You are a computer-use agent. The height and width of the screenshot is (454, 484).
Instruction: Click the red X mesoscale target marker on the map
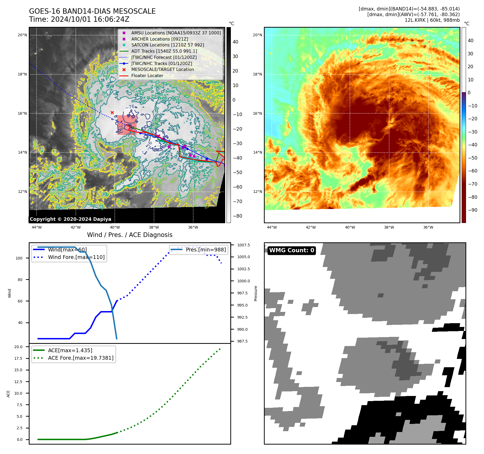pyautogui.click(x=112, y=113)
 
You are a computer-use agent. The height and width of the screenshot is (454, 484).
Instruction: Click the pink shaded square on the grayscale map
pyautogui.click(x=127, y=125)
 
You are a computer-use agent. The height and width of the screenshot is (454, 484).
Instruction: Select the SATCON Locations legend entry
pyautogui.click(x=167, y=45)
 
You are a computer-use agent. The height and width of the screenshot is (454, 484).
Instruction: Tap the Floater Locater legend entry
pyautogui.click(x=147, y=76)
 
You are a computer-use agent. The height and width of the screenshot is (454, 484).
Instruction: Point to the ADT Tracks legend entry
pyautogui.click(x=164, y=51)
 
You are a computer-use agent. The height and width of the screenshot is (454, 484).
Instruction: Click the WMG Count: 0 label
pyautogui.click(x=292, y=250)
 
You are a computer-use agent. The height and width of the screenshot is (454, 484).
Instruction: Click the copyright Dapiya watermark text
pyautogui.click(x=70, y=219)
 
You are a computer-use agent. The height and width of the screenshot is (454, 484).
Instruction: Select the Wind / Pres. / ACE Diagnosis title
pyautogui.click(x=130, y=235)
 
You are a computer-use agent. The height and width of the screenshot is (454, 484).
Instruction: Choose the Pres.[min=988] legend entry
pyautogui.click(x=206, y=250)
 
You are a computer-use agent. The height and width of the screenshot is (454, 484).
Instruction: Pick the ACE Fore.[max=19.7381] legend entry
pyautogui.click(x=81, y=358)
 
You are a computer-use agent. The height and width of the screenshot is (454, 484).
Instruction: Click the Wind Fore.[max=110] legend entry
pyautogui.click(x=76, y=257)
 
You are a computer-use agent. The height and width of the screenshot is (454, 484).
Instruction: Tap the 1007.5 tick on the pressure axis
pyautogui.click(x=243, y=245)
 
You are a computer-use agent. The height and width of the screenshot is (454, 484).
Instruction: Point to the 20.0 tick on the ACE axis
pyautogui.click(x=18, y=347)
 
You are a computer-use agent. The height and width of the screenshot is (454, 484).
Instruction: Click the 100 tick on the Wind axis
pyautogui.click(x=19, y=258)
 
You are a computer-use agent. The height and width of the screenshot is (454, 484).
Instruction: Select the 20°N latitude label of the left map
pyautogui.click(x=23, y=35)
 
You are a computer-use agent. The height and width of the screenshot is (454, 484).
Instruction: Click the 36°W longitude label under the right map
pyautogui.click(x=428, y=228)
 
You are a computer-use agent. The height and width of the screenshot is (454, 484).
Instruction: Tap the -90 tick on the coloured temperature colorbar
pyautogui.click(x=472, y=210)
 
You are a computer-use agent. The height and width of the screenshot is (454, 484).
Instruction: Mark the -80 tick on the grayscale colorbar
pyautogui.click(x=237, y=216)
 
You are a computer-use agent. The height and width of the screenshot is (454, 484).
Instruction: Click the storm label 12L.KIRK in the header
pyautogui.click(x=415, y=20)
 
